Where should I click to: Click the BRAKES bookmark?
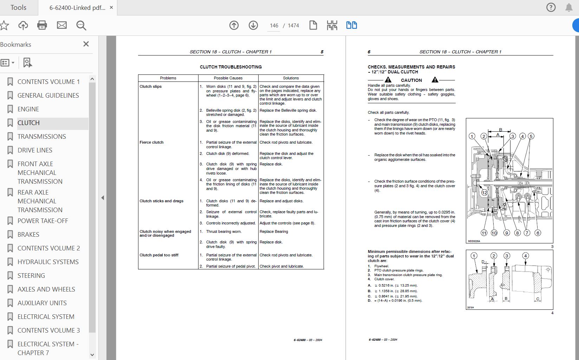[x=28, y=234]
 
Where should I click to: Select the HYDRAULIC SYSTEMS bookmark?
[x=48, y=262]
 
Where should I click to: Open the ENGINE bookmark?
[x=28, y=109]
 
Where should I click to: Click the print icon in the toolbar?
[x=42, y=25]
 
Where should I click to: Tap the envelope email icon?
[x=62, y=25]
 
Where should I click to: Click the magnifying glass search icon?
[x=81, y=25]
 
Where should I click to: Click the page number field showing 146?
[x=274, y=26]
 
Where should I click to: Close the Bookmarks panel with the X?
[x=86, y=44]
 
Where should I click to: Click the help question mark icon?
[x=551, y=7]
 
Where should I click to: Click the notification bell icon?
[x=569, y=7]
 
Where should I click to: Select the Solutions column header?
[x=291, y=78]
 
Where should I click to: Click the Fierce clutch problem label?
[x=151, y=142]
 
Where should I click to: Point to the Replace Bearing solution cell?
[x=274, y=231]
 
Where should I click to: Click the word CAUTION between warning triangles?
[x=411, y=80]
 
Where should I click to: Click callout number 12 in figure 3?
[x=484, y=192]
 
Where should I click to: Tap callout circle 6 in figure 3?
[x=538, y=233]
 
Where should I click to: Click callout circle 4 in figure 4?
[x=525, y=256]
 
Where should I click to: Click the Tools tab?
[x=18, y=7]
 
